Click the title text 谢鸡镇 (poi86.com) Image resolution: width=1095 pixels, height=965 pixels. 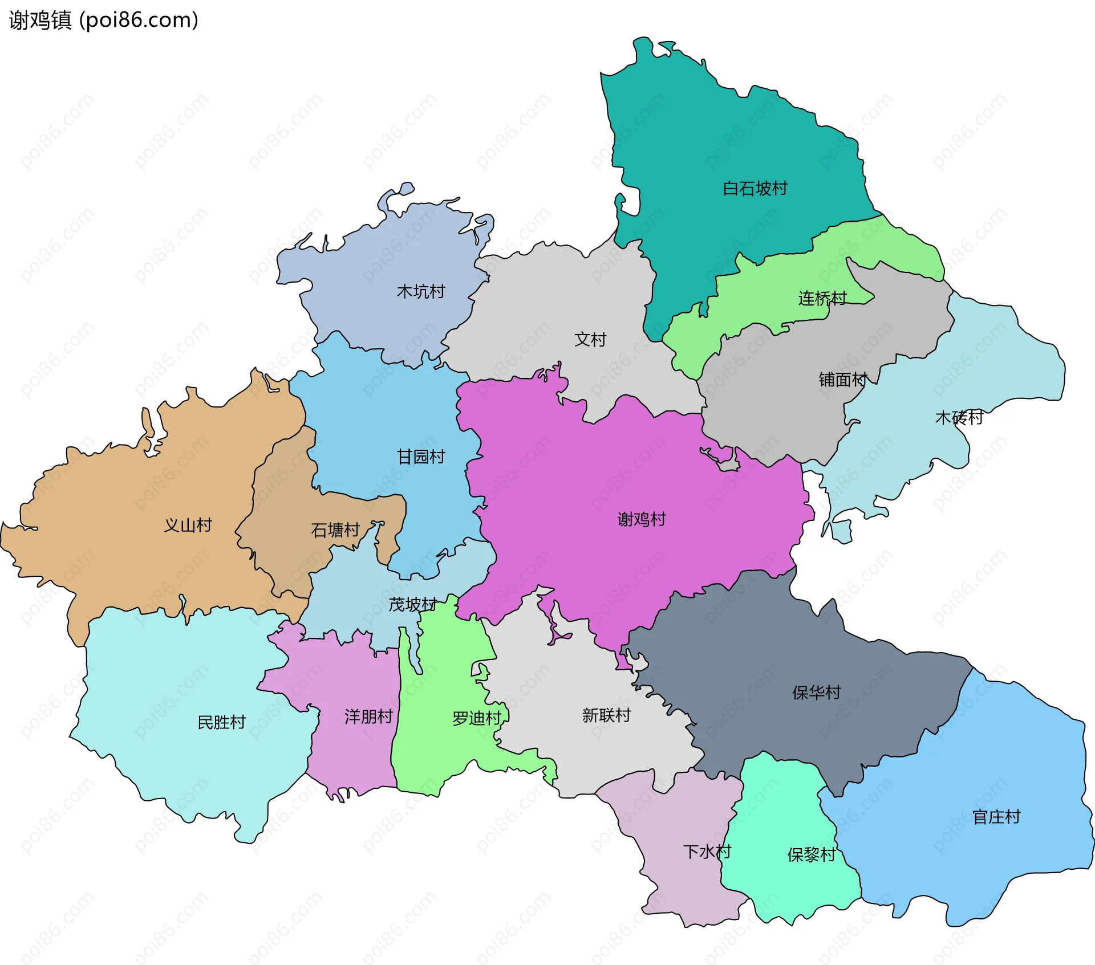tap(104, 21)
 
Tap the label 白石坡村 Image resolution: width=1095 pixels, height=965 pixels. tap(755, 189)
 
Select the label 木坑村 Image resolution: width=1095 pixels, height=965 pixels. tap(420, 292)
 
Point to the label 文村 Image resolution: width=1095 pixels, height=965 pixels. tap(590, 340)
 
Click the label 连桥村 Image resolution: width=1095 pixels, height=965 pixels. tap(822, 298)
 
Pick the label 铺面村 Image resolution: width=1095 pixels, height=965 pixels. tap(843, 380)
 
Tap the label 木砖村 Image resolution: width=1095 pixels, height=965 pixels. tap(959, 418)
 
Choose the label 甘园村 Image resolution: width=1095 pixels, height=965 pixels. tap(420, 457)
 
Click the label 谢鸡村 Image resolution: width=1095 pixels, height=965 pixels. tap(641, 519)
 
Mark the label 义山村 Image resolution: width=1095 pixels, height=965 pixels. tap(188, 526)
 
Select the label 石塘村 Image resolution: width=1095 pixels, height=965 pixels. tap(335, 531)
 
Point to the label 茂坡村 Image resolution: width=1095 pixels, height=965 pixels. tap(412, 605)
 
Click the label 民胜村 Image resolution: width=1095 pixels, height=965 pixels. tap(221, 723)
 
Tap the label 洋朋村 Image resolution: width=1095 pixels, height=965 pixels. tap(368, 717)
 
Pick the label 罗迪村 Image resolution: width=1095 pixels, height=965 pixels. tap(476, 719)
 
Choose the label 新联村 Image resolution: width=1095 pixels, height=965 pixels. tap(606, 715)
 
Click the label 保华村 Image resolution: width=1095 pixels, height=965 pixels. tap(816, 693)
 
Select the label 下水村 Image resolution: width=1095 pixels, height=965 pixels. tap(707, 852)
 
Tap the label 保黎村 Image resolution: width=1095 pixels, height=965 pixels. tap(811, 855)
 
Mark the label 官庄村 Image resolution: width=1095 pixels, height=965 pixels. tap(996, 817)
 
